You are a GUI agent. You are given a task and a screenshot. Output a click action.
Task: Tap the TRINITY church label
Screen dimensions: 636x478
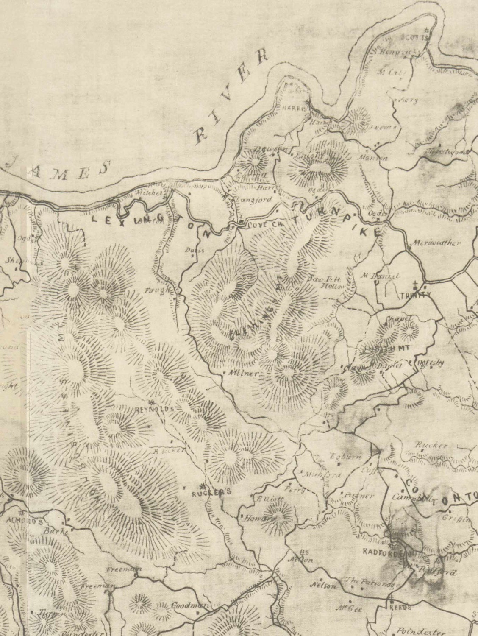(410, 297)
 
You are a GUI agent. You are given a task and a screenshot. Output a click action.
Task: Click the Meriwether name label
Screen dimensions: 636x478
(436, 244)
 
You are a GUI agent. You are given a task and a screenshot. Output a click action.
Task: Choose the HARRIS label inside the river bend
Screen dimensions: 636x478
(293, 108)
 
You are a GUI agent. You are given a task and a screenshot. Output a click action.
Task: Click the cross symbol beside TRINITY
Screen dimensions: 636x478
(416, 285)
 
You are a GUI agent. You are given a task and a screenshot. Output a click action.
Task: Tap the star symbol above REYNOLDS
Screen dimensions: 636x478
(151, 402)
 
